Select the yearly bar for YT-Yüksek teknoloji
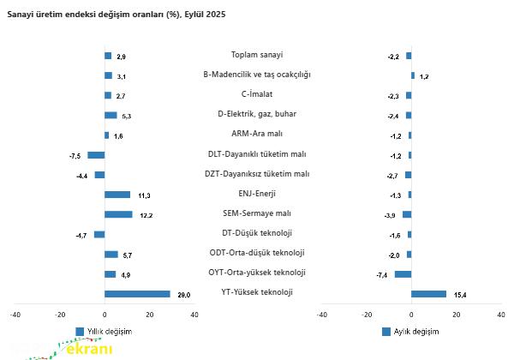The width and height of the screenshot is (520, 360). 137,294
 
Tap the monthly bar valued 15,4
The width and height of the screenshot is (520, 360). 428,294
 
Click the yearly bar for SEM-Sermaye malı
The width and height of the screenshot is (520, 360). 118,214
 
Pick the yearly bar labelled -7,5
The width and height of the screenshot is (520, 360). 96,155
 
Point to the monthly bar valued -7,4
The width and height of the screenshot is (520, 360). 403,274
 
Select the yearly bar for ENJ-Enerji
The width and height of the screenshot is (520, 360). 117,195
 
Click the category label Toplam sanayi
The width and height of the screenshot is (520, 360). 257,55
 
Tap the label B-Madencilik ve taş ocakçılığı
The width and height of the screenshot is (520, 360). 257,75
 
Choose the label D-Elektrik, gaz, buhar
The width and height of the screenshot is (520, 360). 257,114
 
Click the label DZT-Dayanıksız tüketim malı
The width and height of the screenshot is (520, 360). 257,174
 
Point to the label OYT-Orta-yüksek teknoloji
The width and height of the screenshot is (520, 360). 257,273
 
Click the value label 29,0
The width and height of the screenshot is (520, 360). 183,295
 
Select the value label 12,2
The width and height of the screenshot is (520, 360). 146,215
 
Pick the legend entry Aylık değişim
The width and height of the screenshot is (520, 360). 415,331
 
